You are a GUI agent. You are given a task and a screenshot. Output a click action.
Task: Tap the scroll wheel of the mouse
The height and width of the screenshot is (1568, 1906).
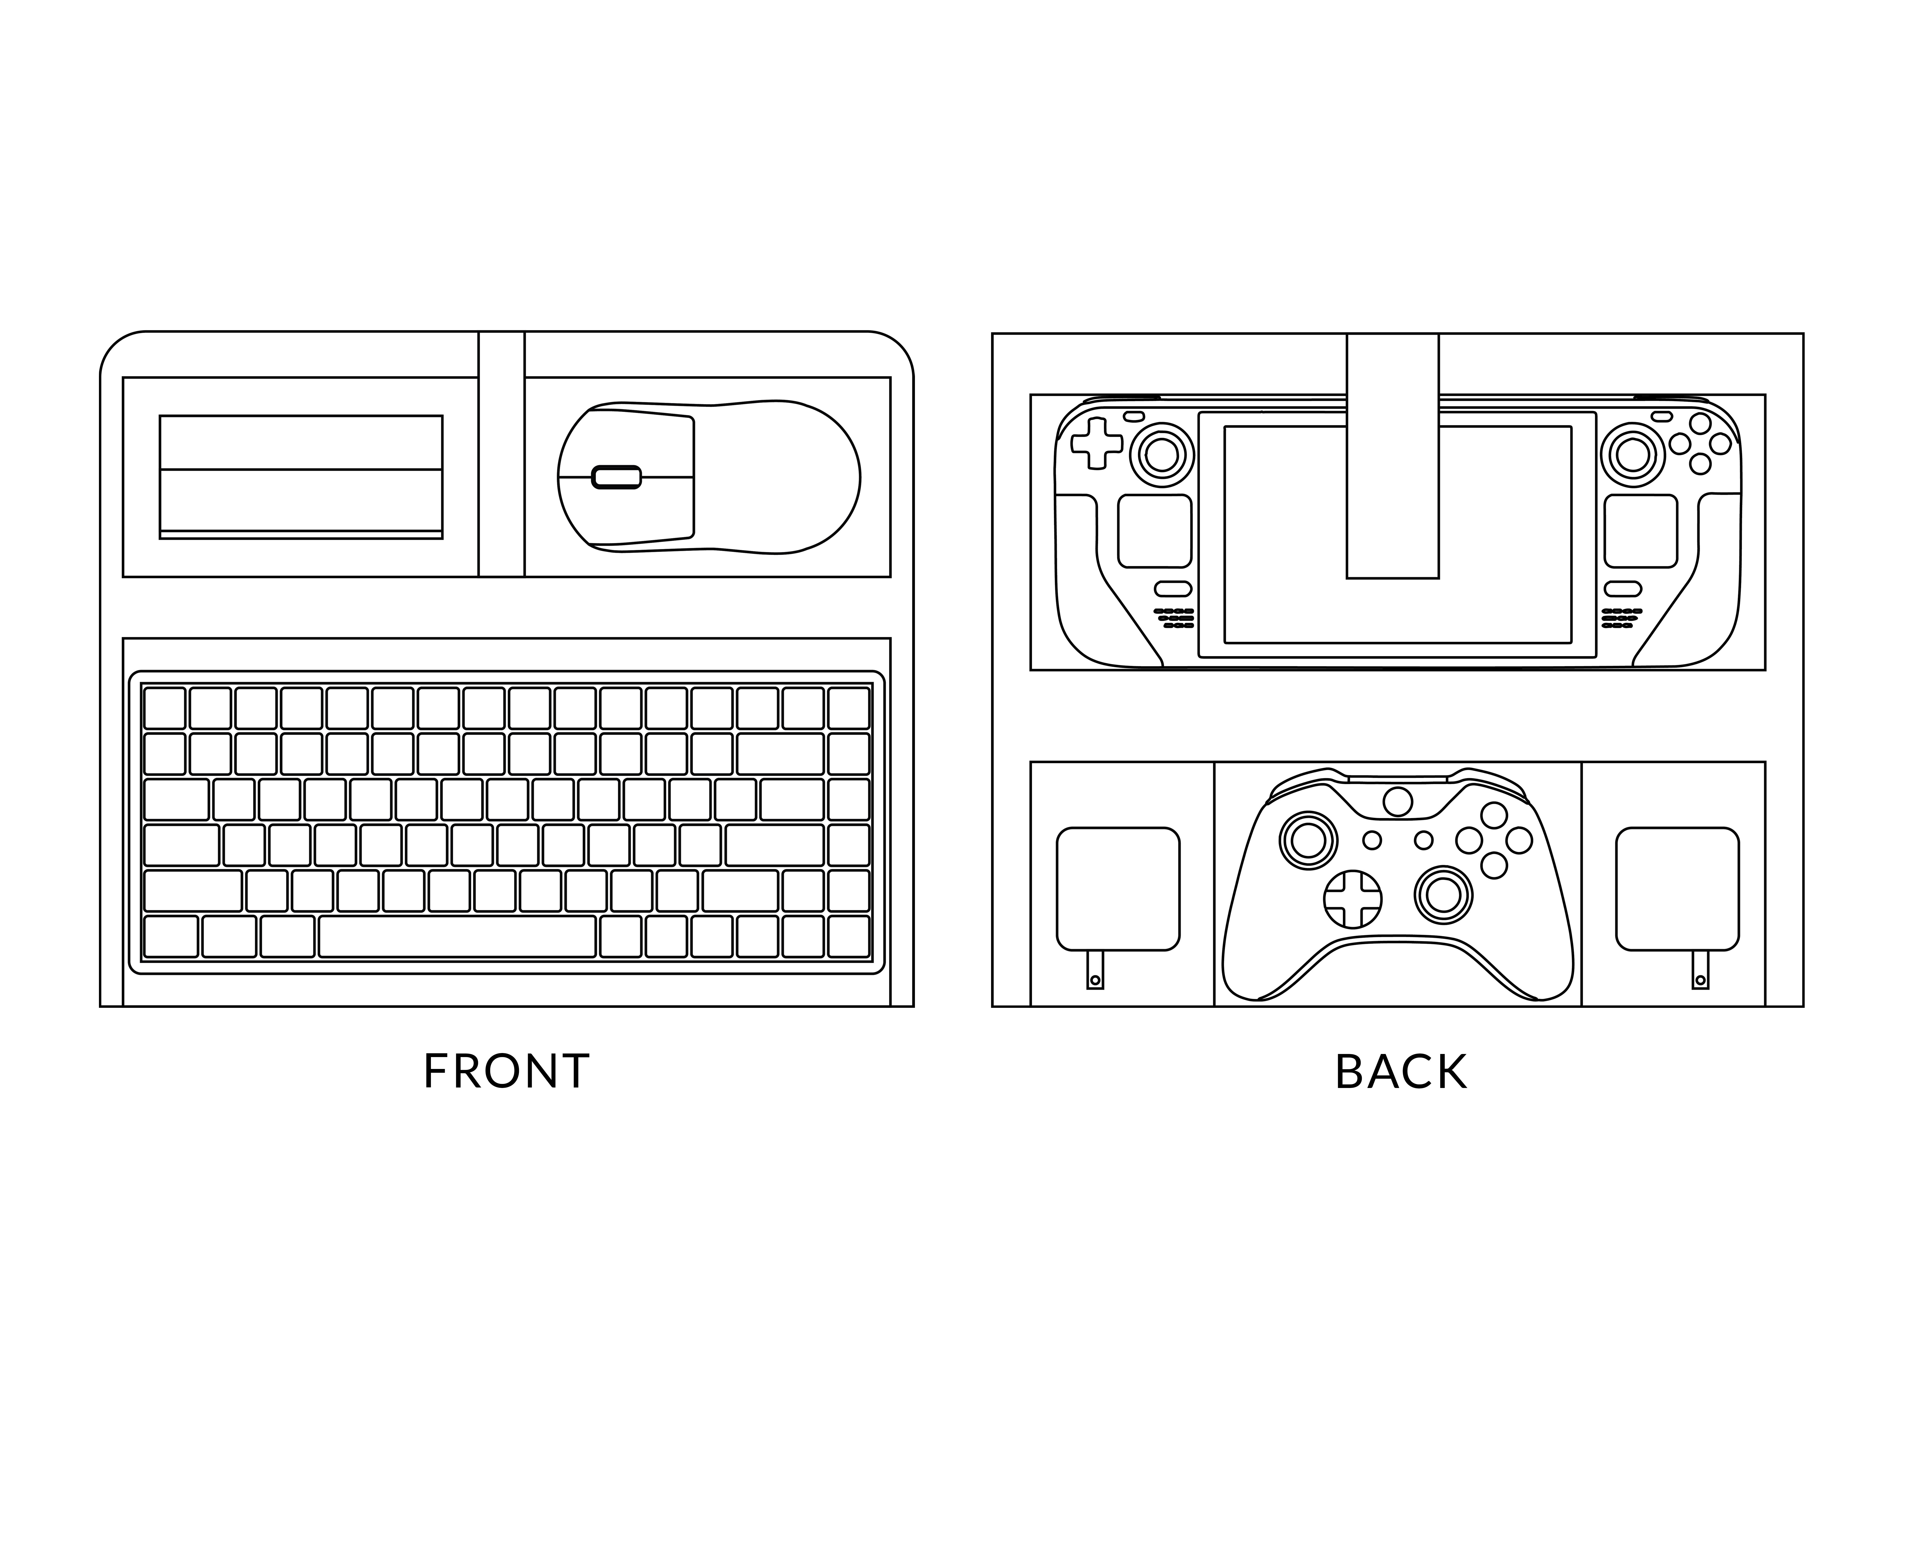pyautogui.click(x=616, y=477)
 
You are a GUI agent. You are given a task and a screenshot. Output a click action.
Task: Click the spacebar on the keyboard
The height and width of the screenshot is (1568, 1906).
pyautogui.click(x=457, y=937)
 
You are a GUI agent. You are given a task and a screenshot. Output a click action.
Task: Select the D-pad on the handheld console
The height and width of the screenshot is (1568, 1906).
pyautogui.click(x=1097, y=443)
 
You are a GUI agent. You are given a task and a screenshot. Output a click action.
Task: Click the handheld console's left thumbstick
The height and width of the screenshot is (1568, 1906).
pyautogui.click(x=1161, y=454)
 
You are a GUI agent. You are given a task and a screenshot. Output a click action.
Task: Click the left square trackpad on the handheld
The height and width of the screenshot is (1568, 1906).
pyautogui.click(x=1154, y=531)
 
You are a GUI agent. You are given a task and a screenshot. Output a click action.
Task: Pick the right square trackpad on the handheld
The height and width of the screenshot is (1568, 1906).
pyautogui.click(x=1640, y=531)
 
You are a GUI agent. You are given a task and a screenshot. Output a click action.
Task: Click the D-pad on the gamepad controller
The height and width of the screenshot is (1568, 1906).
pyautogui.click(x=1352, y=899)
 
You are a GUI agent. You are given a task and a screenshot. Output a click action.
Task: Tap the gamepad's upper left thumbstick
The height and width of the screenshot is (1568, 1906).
pyautogui.click(x=1308, y=841)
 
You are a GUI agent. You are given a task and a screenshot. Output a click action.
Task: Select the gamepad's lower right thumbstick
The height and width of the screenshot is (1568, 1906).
pyautogui.click(x=1443, y=894)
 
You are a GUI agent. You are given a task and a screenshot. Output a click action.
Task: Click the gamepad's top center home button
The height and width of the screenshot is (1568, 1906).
pyautogui.click(x=1398, y=801)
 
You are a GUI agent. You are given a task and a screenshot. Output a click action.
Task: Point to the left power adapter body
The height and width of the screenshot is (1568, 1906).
pyautogui.click(x=1118, y=889)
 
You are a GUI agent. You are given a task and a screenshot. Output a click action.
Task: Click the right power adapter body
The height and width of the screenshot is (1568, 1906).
pyautogui.click(x=1677, y=889)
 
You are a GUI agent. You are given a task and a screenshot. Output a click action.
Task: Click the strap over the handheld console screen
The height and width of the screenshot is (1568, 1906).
pyautogui.click(x=1392, y=456)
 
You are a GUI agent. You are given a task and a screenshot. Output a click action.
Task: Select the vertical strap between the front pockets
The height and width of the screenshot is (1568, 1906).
pyautogui.click(x=501, y=454)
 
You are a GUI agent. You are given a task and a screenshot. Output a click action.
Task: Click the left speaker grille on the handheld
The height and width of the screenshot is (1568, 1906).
pyautogui.click(x=1173, y=618)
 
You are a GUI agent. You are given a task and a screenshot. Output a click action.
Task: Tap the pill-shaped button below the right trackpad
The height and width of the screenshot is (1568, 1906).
pyautogui.click(x=1622, y=589)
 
